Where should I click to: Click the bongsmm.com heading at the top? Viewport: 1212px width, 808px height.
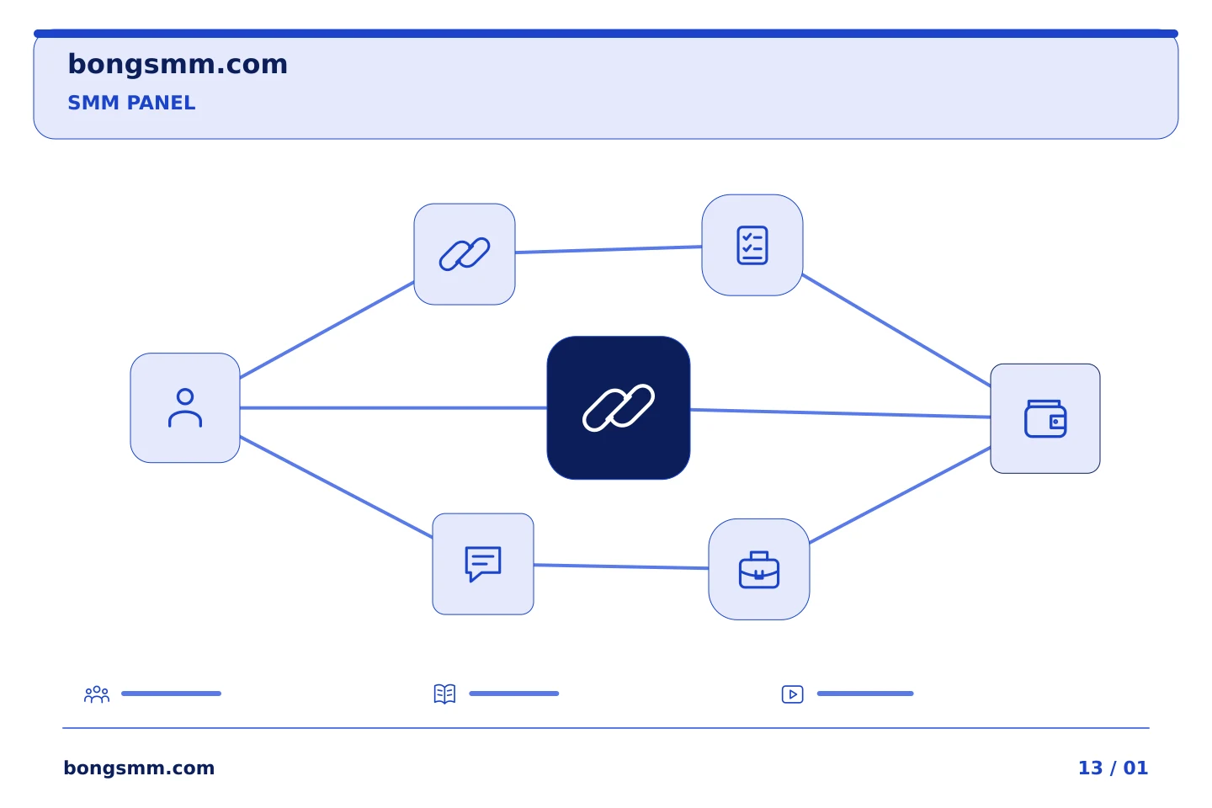pyautogui.click(x=178, y=65)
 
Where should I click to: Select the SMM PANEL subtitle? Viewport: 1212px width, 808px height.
pyautogui.click(x=131, y=103)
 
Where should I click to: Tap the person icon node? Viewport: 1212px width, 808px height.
pyautogui.click(x=185, y=408)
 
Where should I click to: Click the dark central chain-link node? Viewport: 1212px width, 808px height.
pyautogui.click(x=619, y=408)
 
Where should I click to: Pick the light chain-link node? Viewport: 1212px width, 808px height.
pyautogui.click(x=465, y=254)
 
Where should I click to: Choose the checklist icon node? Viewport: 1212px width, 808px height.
pyautogui.click(x=752, y=245)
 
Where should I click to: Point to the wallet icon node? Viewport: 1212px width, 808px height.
pyautogui.click(x=1045, y=419)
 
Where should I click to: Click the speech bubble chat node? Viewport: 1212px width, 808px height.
pyautogui.click(x=483, y=564)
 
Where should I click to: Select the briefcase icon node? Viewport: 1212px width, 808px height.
pyautogui.click(x=759, y=569)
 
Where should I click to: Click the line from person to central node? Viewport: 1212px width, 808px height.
pyautogui.click(x=393, y=408)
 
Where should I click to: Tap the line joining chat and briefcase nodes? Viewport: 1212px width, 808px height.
pyautogui.click(x=621, y=566)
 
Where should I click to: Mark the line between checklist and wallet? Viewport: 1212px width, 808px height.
pyautogui.click(x=896, y=331)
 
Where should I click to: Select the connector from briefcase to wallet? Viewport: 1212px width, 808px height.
pyautogui.click(x=900, y=495)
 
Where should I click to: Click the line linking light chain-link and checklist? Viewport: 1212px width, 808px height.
pyautogui.click(x=609, y=249)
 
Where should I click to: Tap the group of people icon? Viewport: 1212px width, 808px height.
pyautogui.click(x=97, y=694)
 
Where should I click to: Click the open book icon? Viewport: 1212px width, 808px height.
pyautogui.click(x=444, y=694)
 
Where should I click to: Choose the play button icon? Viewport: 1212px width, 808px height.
pyautogui.click(x=793, y=694)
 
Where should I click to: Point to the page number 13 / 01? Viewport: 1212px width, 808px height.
pyautogui.click(x=1113, y=768)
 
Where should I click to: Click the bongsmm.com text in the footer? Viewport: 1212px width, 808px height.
pyautogui.click(x=139, y=768)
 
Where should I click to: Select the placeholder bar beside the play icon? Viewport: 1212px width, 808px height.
pyautogui.click(x=865, y=694)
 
